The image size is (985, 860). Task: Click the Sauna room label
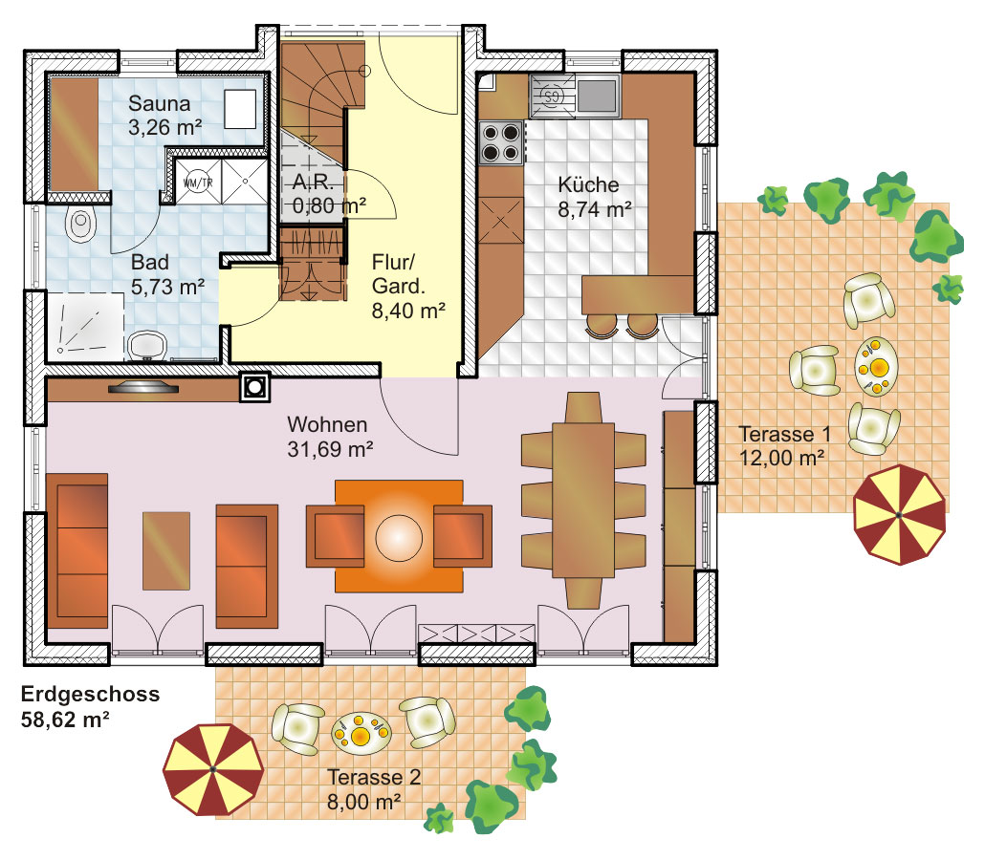(x=164, y=115)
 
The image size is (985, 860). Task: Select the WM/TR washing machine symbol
(x=198, y=183)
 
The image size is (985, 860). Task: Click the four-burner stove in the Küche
(x=501, y=142)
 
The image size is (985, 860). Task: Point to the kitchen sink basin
(x=596, y=95)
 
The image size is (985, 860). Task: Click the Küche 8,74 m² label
(x=594, y=197)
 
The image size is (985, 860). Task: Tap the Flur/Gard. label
(x=408, y=287)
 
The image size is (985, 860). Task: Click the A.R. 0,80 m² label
(x=329, y=194)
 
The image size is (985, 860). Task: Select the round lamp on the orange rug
(x=399, y=538)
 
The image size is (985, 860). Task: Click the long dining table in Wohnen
(x=583, y=501)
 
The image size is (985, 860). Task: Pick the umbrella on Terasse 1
(x=899, y=515)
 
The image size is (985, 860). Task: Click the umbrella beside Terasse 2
(x=213, y=769)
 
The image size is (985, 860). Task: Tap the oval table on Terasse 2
(x=361, y=733)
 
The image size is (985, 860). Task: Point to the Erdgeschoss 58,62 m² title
(x=90, y=706)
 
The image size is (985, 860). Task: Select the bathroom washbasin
(x=147, y=346)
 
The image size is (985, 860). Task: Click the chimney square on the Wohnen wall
(x=255, y=387)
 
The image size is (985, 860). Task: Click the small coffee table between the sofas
(x=165, y=550)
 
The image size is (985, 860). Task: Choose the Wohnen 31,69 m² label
(x=330, y=437)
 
